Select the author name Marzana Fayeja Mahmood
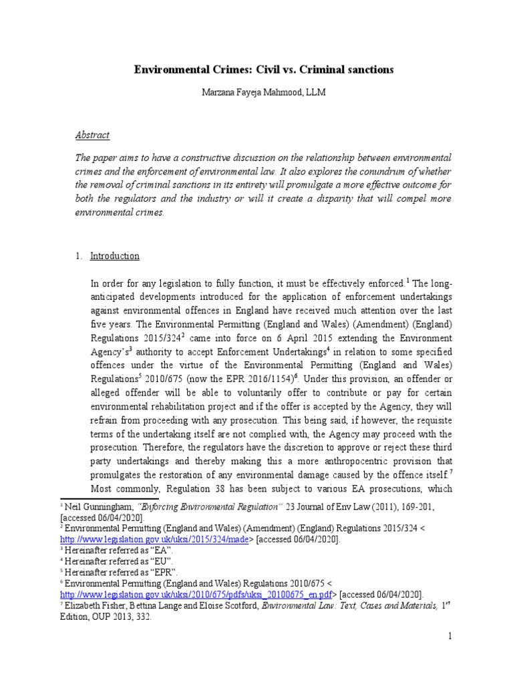pyautogui.click(x=245, y=93)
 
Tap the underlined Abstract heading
pyautogui.click(x=92, y=135)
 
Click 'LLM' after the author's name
pyautogui.click(x=315, y=93)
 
